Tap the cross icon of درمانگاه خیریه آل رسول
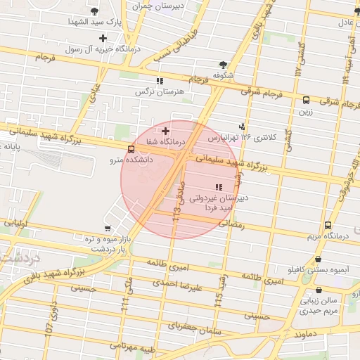point(103,38)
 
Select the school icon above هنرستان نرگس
point(160,81)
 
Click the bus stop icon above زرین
point(306,100)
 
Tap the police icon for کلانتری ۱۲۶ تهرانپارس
point(243,127)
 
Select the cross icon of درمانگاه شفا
point(165,131)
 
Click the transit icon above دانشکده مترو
point(131,149)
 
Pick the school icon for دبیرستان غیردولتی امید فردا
point(218,187)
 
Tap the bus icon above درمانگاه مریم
point(328,226)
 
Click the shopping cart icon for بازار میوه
point(107,228)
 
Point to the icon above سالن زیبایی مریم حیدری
point(320,289)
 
